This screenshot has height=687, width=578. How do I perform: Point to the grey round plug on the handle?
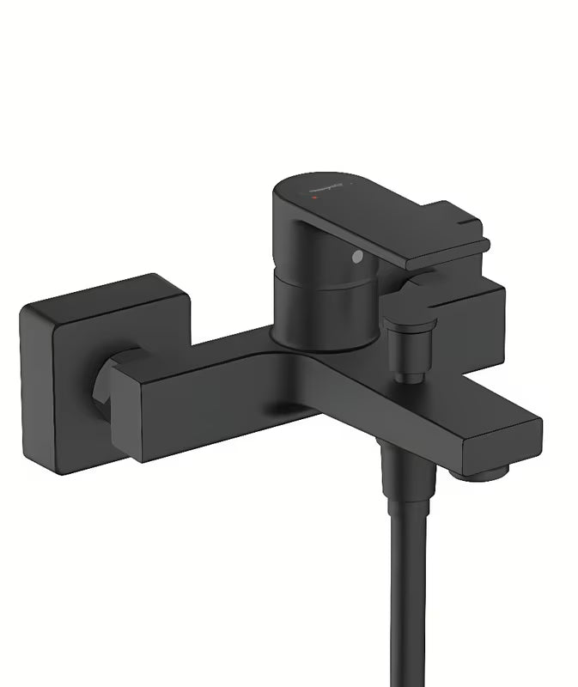tap(356, 256)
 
